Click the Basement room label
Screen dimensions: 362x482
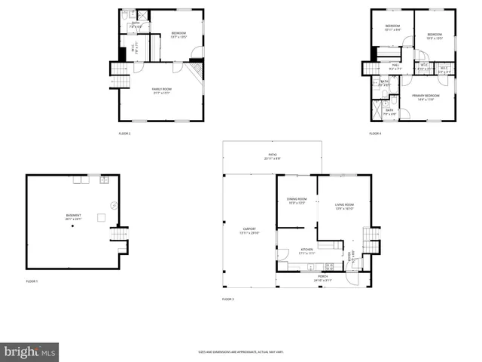[73, 216]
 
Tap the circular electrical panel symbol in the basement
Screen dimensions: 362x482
[113, 204]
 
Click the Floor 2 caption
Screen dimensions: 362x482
[124, 133]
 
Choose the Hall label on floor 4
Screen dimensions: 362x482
[395, 66]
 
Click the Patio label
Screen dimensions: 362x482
[272, 158]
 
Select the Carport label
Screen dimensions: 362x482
[249, 231]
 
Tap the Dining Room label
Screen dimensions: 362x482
[296, 201]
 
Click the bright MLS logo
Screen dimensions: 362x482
[30, 351]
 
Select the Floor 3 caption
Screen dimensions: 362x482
[227, 299]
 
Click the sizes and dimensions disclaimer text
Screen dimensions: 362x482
[240, 351]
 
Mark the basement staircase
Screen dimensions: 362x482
[117, 235]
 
